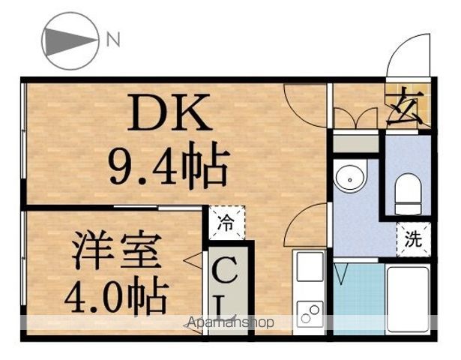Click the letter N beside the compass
tap(113, 40)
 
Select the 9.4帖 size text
tap(169, 165)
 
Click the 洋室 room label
tap(117, 250)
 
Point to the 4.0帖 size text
tap(116, 295)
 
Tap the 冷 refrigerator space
tap(226, 223)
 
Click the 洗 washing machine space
tap(413, 239)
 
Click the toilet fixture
tap(408, 193)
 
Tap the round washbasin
tap(350, 175)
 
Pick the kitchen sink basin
tap(310, 267)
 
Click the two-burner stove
tap(310, 314)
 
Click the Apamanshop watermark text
tap(230, 322)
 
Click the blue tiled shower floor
tap(359, 298)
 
